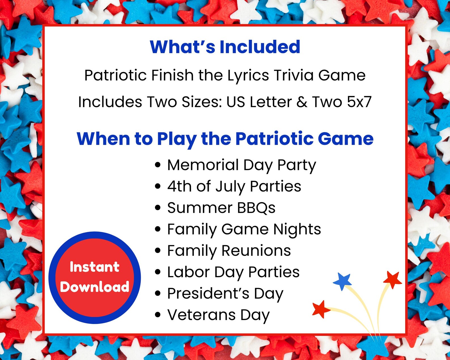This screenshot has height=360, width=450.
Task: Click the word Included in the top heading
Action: click(x=260, y=47)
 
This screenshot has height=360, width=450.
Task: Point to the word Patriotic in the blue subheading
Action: click(x=274, y=139)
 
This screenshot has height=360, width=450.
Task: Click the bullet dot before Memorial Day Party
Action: click(x=158, y=165)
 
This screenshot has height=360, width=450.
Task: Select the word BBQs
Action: click(x=256, y=208)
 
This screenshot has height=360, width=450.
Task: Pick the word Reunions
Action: click(x=256, y=251)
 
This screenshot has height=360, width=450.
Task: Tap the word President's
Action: click(x=208, y=293)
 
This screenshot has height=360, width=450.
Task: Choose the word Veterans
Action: click(x=201, y=315)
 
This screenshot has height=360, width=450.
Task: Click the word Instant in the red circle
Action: click(x=95, y=267)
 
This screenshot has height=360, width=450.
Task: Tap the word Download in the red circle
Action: click(x=95, y=287)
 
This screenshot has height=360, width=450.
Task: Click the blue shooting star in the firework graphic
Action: click(x=343, y=281)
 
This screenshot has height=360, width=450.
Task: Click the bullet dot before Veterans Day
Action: click(x=158, y=315)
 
